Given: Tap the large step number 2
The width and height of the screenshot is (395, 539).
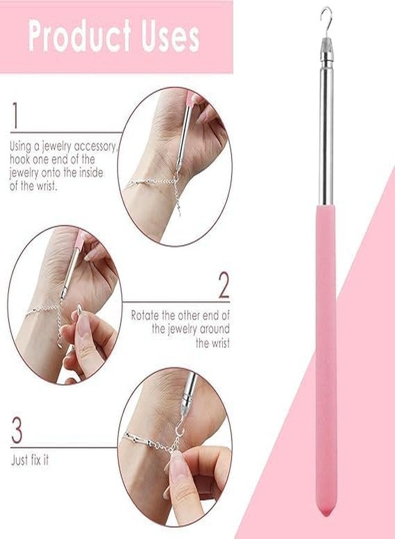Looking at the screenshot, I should tap(223, 286).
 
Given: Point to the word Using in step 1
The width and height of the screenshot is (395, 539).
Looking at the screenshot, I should tap(22, 146).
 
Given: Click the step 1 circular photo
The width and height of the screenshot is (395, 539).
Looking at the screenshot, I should tap(174, 166).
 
